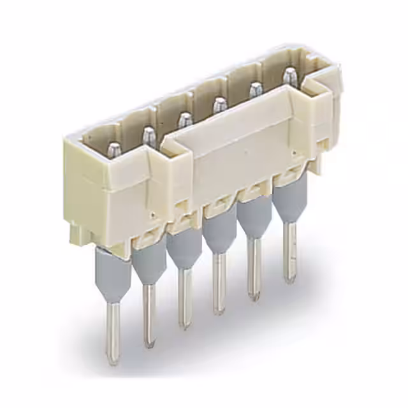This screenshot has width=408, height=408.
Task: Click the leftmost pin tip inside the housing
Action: click(114, 150)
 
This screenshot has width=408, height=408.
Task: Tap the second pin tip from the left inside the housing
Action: click(149, 135)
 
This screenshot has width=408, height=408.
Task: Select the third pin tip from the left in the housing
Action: click(185, 119)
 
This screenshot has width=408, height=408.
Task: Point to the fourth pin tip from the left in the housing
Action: click(219, 104)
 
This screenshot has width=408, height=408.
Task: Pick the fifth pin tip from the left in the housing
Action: click(256, 89)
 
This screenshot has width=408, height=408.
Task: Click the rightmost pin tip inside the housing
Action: click(290, 75)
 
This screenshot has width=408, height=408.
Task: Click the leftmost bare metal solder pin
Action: click(113, 331)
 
